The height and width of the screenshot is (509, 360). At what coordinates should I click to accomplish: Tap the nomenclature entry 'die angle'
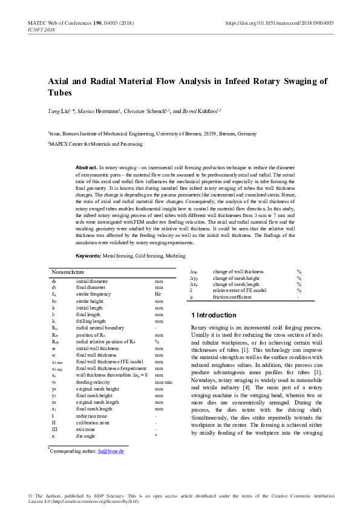point(87,434)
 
